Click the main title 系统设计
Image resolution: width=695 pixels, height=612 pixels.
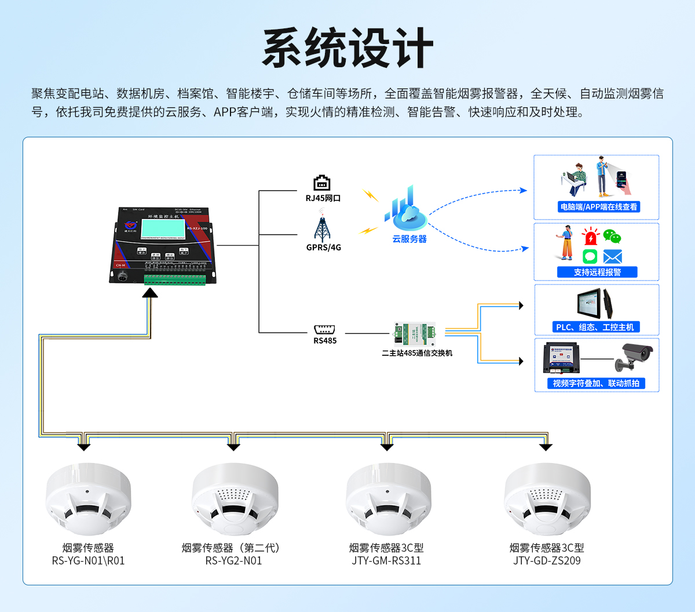348,48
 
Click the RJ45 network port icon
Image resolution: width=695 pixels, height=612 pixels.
322,183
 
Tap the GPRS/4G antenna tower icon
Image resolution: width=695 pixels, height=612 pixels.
323,228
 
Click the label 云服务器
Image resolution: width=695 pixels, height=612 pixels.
409,239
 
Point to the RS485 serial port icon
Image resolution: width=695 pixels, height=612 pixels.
324,329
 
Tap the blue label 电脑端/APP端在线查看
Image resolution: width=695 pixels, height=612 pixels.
598,207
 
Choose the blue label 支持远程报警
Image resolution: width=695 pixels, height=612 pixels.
597,272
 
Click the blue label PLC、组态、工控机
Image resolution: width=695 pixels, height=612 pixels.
595,327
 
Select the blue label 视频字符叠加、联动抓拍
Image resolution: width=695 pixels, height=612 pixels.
596,384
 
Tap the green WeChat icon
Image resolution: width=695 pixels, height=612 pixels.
612,236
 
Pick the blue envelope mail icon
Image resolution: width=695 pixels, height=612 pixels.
612,257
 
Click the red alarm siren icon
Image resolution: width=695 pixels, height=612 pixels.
591,236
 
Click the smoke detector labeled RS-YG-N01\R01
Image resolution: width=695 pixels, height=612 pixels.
88,498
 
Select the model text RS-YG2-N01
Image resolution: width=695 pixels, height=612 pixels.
233,561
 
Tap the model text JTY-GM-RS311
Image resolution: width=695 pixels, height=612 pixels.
386,561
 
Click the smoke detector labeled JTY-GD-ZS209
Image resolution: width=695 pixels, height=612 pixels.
547,498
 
